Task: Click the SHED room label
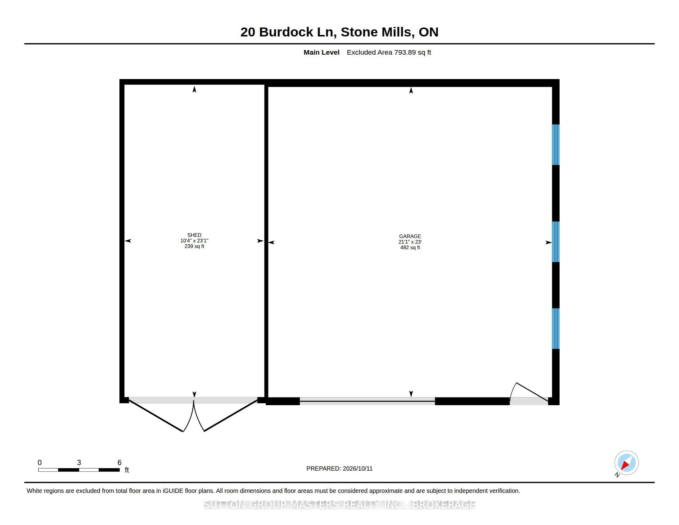point(194,235)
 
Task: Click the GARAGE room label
point(410,236)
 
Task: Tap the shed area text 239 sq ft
point(194,246)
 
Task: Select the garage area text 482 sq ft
point(410,248)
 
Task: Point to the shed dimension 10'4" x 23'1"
point(194,241)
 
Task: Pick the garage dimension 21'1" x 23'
point(410,242)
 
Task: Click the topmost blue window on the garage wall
point(556,145)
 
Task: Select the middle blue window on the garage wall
point(556,242)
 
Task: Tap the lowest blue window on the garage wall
point(556,329)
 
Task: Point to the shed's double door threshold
point(193,400)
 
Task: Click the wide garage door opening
point(367,401)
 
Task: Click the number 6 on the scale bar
point(119,463)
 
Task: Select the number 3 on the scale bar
point(79,463)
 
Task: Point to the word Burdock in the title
point(286,32)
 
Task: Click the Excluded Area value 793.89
point(405,52)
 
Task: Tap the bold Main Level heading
point(322,52)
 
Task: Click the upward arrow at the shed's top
point(194,89)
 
